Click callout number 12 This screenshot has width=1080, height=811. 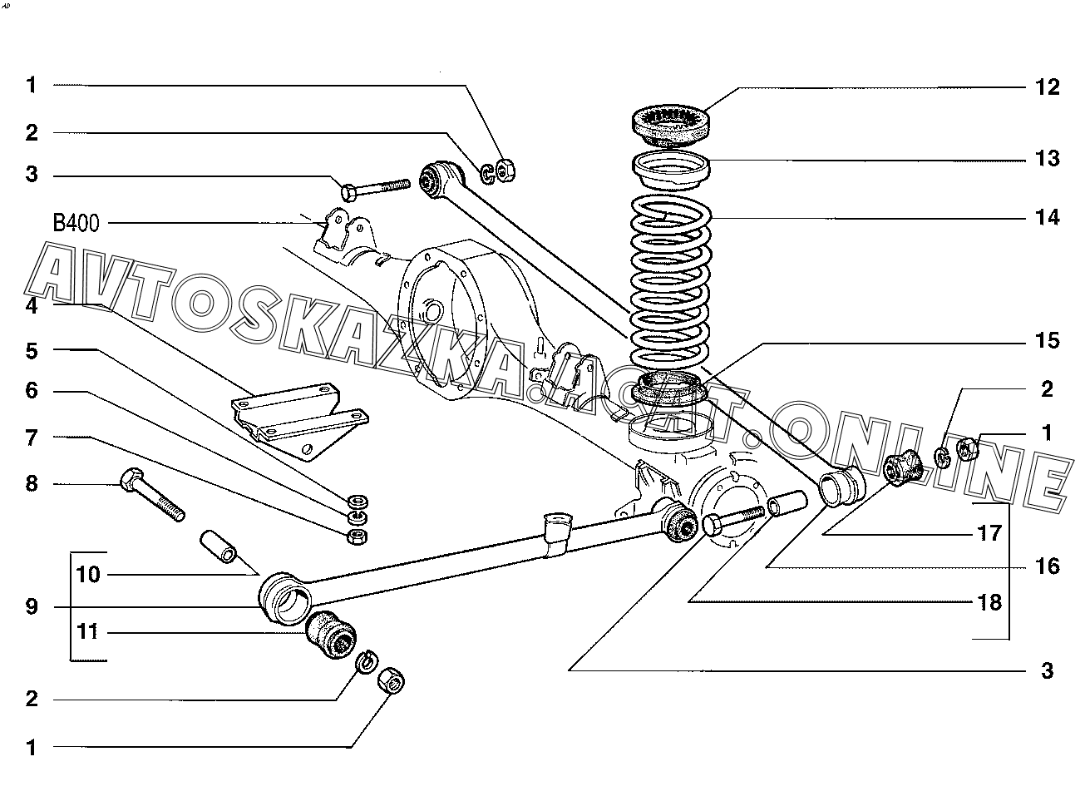1048,87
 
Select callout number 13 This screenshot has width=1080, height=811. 1048,158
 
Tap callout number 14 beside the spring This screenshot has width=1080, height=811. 1048,218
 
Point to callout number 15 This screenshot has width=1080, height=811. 1048,340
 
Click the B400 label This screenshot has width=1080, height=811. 78,223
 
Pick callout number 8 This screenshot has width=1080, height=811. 32,483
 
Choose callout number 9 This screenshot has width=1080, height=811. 32,606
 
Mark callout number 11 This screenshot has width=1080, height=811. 88,632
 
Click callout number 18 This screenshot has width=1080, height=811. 989,601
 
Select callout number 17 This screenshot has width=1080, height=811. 989,532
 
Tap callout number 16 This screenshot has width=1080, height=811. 1048,566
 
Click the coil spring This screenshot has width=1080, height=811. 670,283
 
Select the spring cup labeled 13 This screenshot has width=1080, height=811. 673,170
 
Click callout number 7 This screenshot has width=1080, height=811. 32,437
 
